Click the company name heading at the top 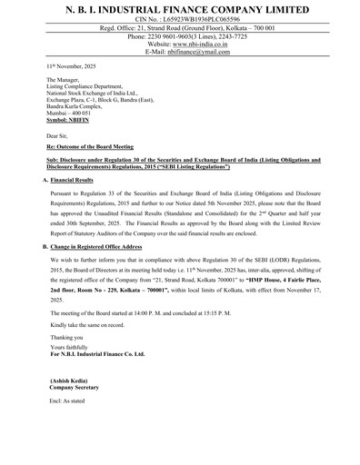point(179,7)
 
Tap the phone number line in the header point(179,35)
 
